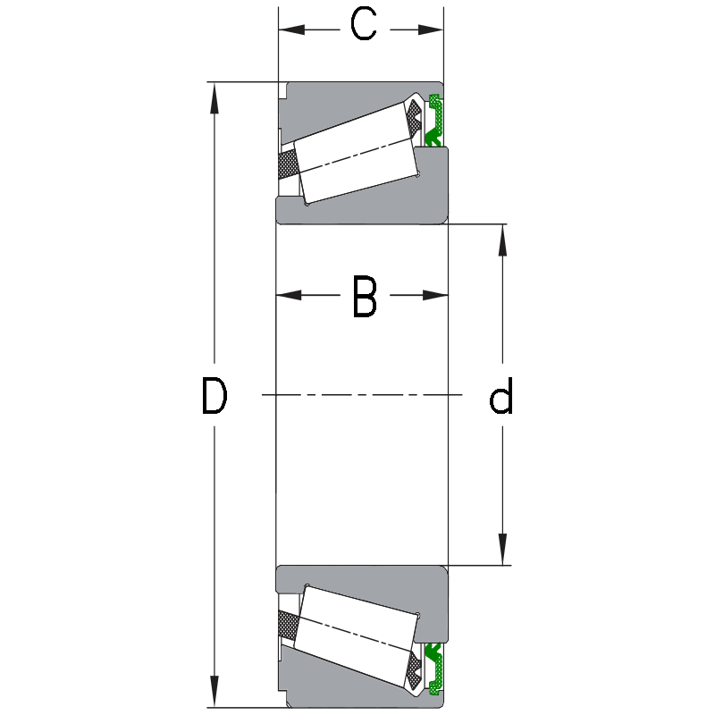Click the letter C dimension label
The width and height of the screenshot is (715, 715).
(x=363, y=26)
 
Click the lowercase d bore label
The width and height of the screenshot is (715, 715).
(x=502, y=398)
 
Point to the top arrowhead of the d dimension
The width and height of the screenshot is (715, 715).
(x=502, y=237)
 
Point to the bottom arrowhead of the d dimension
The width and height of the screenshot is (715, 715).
(x=502, y=551)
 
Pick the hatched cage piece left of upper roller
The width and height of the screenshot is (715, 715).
(x=288, y=165)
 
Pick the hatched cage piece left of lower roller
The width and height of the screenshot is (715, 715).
(x=288, y=623)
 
